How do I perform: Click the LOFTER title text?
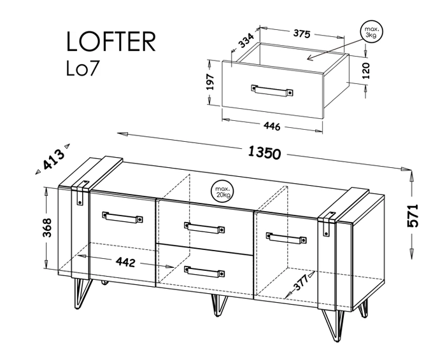(111, 41)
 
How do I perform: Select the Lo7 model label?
(83, 68)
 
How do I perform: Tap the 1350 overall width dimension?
(264, 153)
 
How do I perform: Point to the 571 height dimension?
(413, 215)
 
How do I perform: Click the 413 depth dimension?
(53, 160)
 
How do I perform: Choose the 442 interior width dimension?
(125, 262)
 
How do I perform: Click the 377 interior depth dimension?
(301, 282)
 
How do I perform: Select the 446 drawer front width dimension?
(272, 126)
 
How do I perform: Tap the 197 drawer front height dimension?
(210, 82)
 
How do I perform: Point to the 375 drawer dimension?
(302, 34)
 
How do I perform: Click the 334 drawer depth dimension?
(246, 41)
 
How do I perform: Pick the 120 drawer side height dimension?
(366, 71)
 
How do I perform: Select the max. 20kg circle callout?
(222, 191)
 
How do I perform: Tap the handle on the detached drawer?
(272, 91)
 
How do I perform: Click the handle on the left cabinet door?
(122, 217)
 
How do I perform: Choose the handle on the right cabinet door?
(286, 237)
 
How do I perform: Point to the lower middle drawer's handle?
(204, 271)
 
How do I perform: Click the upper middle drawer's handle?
(204, 227)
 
